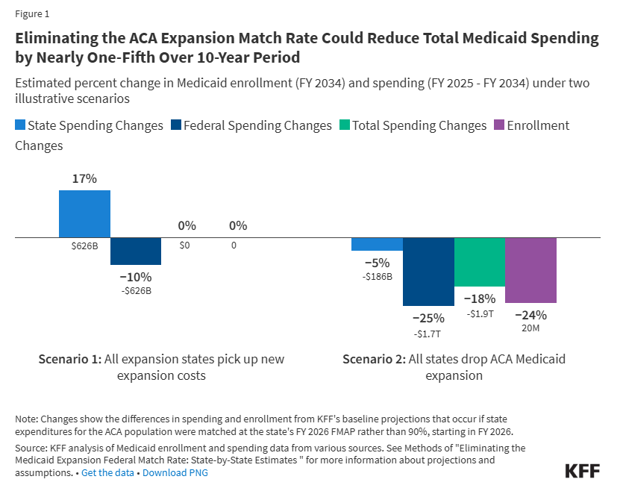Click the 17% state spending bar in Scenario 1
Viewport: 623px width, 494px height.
pos(84,214)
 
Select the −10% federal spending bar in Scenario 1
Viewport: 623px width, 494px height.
pos(136,251)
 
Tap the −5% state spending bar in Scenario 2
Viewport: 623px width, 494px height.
pos(377,244)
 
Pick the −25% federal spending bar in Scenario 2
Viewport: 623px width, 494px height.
pos(428,272)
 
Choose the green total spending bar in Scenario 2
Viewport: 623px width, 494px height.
pos(480,262)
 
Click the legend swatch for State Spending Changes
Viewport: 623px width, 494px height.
pos(20,126)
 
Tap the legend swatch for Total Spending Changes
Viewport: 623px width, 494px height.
pos(344,126)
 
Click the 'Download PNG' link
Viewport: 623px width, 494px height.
pos(175,472)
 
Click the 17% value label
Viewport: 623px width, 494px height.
pos(84,179)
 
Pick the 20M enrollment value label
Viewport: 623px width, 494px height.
pos(530,327)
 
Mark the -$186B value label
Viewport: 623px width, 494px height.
pos(377,276)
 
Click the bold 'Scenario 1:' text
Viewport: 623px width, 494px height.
pos(69,359)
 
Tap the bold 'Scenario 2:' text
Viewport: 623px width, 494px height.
pos(374,359)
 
